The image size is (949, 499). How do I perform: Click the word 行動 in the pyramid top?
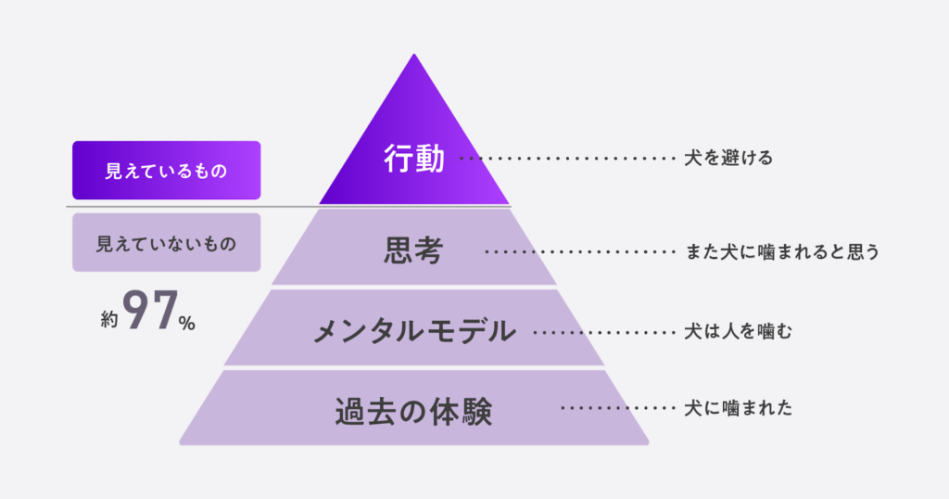[x=414, y=160]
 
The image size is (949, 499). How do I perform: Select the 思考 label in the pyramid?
[x=413, y=251]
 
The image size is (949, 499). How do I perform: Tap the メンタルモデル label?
[x=413, y=330]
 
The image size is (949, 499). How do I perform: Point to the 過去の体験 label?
[x=413, y=409]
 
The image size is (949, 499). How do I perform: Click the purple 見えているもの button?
[x=166, y=171]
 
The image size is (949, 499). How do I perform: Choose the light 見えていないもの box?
[x=166, y=244]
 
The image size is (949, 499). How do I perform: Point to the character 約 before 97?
[x=110, y=320]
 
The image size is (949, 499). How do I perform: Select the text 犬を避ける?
[x=728, y=159]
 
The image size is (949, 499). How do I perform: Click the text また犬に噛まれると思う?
[x=781, y=251]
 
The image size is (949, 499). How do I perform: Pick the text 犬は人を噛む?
[x=739, y=330]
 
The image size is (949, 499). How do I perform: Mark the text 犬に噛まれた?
[x=739, y=408]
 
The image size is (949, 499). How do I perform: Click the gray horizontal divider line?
[x=185, y=206]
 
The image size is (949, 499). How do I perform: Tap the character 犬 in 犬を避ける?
[x=692, y=159]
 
